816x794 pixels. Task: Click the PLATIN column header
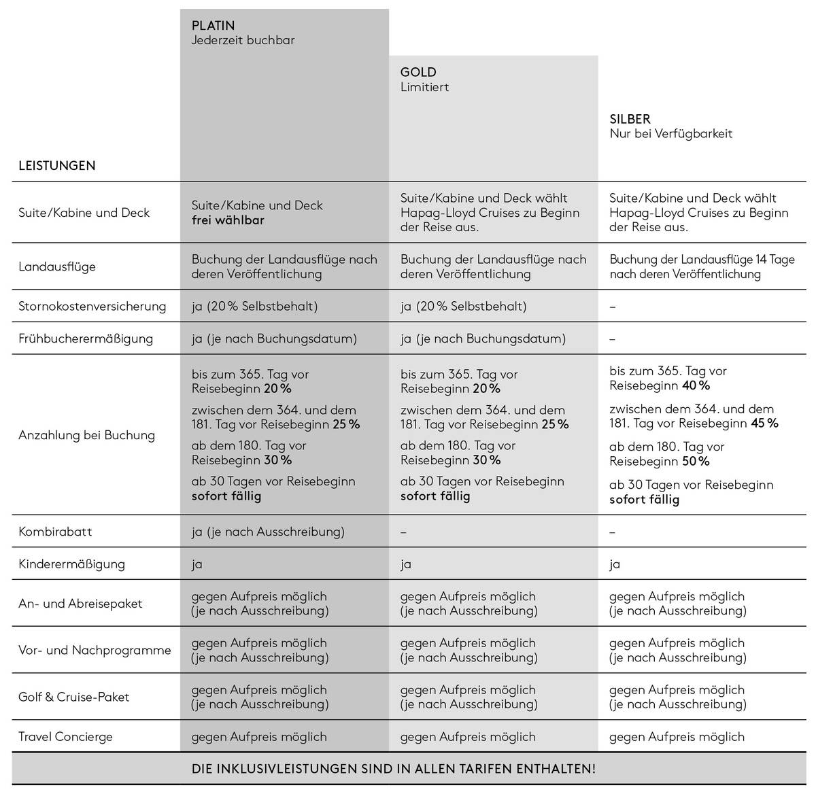click(213, 26)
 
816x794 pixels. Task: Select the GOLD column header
click(418, 72)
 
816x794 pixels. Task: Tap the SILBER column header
click(630, 119)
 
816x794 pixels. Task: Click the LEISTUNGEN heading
click(57, 166)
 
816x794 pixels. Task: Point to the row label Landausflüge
click(57, 266)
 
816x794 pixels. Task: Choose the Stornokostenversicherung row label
click(92, 307)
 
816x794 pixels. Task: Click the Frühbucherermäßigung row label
click(86, 339)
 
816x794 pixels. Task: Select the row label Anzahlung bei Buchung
click(86, 435)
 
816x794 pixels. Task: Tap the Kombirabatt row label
click(55, 532)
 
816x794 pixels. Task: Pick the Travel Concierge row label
click(65, 737)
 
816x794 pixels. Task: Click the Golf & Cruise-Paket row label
click(73, 697)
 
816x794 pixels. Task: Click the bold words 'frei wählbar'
click(228, 220)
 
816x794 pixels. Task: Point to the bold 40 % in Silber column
click(696, 386)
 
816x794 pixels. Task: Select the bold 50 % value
click(696, 462)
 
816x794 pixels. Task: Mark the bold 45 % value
click(764, 424)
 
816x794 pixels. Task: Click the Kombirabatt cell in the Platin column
click(268, 532)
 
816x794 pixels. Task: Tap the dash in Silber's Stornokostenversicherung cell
click(613, 307)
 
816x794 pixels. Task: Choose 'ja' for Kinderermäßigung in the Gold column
click(406, 564)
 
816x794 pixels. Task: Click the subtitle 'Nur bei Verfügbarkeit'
click(670, 134)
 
